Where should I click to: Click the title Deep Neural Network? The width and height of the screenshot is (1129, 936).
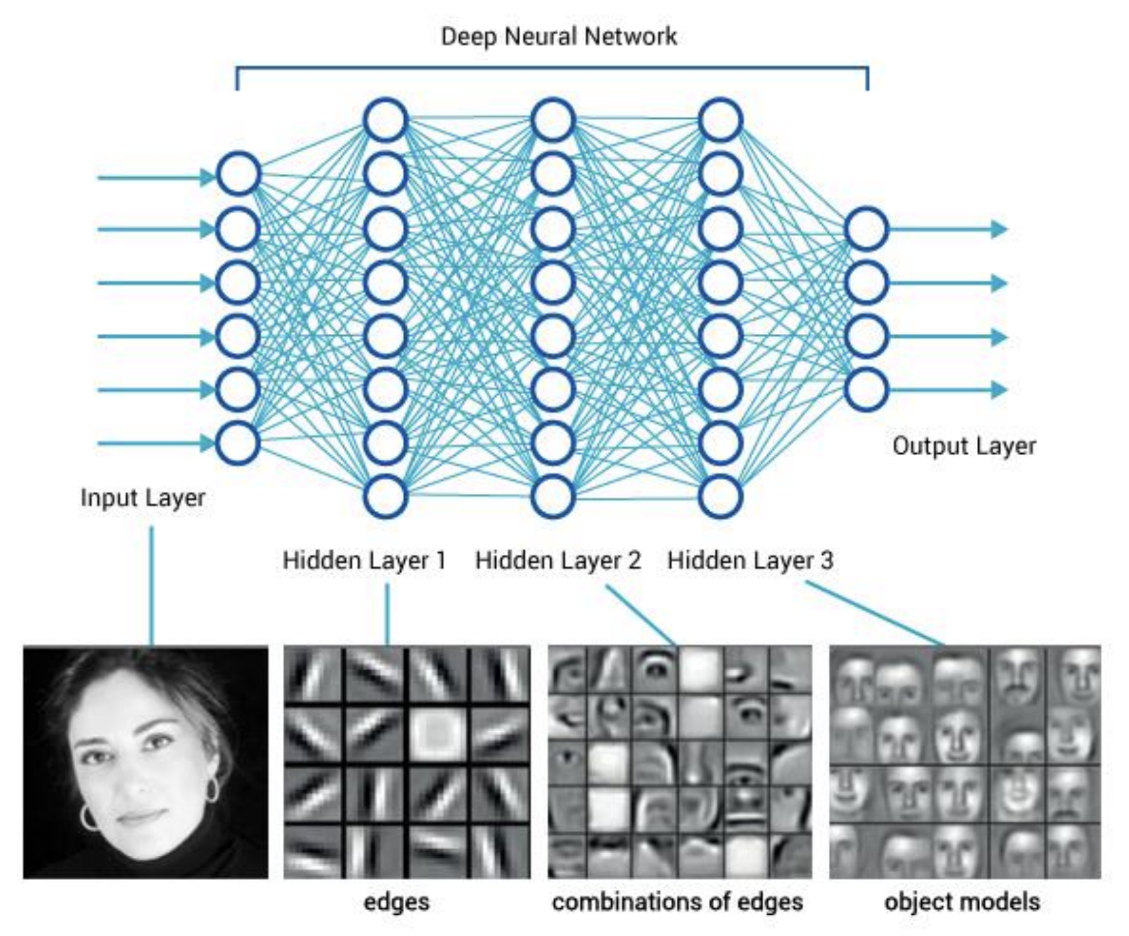(x=559, y=36)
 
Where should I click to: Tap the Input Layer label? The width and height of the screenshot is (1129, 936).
(x=142, y=498)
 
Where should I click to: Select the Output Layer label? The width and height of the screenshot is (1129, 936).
(x=964, y=446)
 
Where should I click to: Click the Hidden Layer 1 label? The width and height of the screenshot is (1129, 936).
(x=364, y=560)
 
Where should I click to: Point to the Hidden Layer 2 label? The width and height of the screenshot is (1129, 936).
(x=557, y=560)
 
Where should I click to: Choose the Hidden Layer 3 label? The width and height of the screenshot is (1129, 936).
(x=750, y=560)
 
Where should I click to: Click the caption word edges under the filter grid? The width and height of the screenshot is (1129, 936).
(x=396, y=902)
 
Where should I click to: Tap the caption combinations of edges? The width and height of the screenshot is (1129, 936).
(x=677, y=902)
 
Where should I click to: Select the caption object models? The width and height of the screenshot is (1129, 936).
(x=962, y=902)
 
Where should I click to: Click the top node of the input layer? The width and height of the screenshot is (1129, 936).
(x=238, y=173)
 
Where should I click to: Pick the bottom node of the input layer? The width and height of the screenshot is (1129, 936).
(x=238, y=442)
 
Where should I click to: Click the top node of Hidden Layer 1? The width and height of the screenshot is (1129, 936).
(x=386, y=120)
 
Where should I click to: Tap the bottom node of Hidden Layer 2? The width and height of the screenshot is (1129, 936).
(x=552, y=496)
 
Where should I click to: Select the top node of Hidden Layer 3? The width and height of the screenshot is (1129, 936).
(x=721, y=120)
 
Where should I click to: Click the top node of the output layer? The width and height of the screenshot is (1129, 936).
(x=867, y=229)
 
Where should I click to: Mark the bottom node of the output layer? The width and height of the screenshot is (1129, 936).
(x=867, y=389)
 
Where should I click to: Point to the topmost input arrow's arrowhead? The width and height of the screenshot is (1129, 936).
(x=207, y=177)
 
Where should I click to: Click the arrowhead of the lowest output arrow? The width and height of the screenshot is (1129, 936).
(x=999, y=389)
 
